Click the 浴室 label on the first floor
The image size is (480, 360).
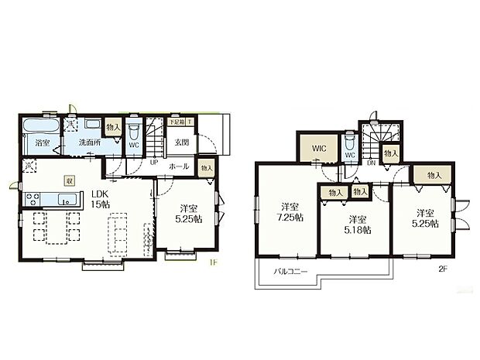(43, 142)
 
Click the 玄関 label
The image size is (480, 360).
(182, 142)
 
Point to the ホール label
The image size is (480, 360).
(178, 166)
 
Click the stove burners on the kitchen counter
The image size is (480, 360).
(33, 199)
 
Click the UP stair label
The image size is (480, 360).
(154, 163)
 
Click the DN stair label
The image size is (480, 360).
(372, 163)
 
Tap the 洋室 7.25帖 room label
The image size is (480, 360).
(292, 211)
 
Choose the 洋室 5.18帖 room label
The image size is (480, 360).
(357, 224)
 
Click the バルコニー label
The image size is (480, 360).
(290, 273)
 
